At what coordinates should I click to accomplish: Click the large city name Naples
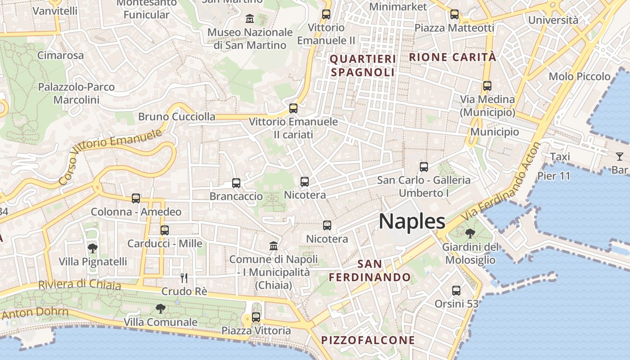pos(412,221)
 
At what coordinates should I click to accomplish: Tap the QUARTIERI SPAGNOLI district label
pos(363,65)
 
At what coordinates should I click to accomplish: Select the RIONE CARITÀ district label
pos(453,57)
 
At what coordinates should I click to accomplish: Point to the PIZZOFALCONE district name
pos(368,340)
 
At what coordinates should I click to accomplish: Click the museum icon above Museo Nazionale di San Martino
pos(250,19)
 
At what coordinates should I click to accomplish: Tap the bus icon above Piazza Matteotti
pos(454,14)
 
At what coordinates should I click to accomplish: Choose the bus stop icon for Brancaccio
pos(236,183)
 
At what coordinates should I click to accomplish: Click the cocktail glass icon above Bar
pos(620,157)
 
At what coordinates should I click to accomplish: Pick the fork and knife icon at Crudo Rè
pos(184,278)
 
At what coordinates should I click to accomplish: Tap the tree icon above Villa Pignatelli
pos(92,248)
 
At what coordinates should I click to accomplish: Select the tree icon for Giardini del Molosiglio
pos(470,234)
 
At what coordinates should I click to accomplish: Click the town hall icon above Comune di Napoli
pos(273,246)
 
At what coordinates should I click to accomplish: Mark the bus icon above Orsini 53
pos(456,291)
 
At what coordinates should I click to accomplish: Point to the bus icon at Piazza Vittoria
pos(256,317)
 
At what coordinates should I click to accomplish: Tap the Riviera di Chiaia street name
pos(80,285)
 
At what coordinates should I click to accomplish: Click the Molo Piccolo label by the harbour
pos(580,76)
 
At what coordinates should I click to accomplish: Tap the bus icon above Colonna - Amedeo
pos(135,198)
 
